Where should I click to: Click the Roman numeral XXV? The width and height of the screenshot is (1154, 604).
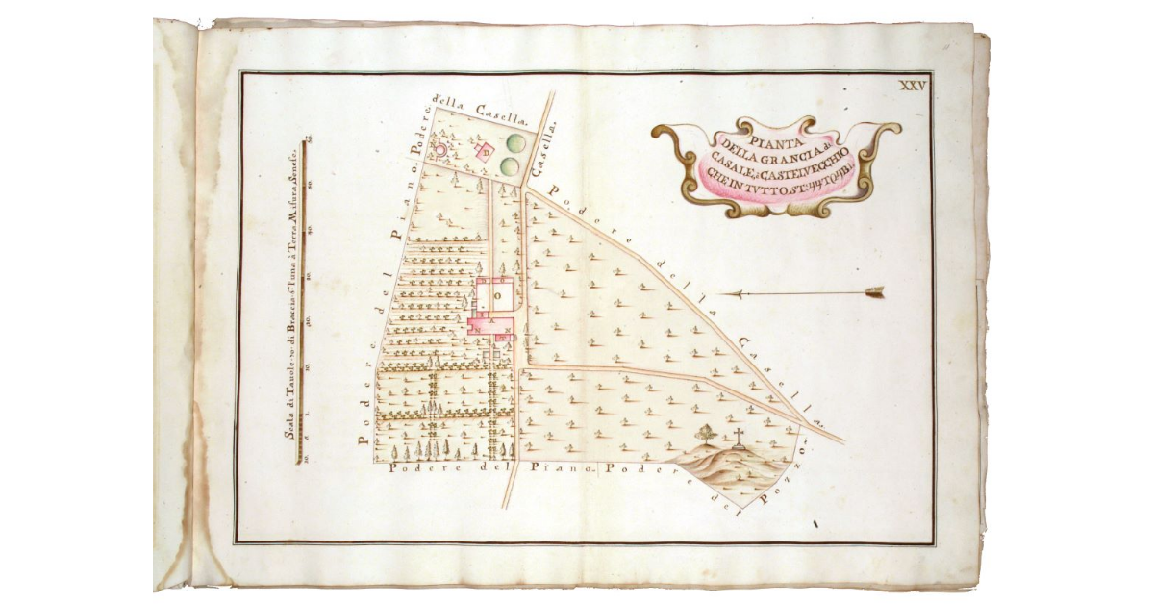(911, 86)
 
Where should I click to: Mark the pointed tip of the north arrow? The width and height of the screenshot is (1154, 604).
(723, 292)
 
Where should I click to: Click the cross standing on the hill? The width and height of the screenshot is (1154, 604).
(739, 438)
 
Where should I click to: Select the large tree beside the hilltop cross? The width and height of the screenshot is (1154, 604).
(707, 434)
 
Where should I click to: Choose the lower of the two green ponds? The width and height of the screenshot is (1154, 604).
(511, 166)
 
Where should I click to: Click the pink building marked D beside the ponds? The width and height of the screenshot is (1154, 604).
(486, 151)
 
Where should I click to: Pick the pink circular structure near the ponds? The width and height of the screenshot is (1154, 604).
(441, 149)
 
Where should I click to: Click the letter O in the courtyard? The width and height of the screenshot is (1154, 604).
(497, 298)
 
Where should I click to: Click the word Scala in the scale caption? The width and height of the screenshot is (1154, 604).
(288, 421)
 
